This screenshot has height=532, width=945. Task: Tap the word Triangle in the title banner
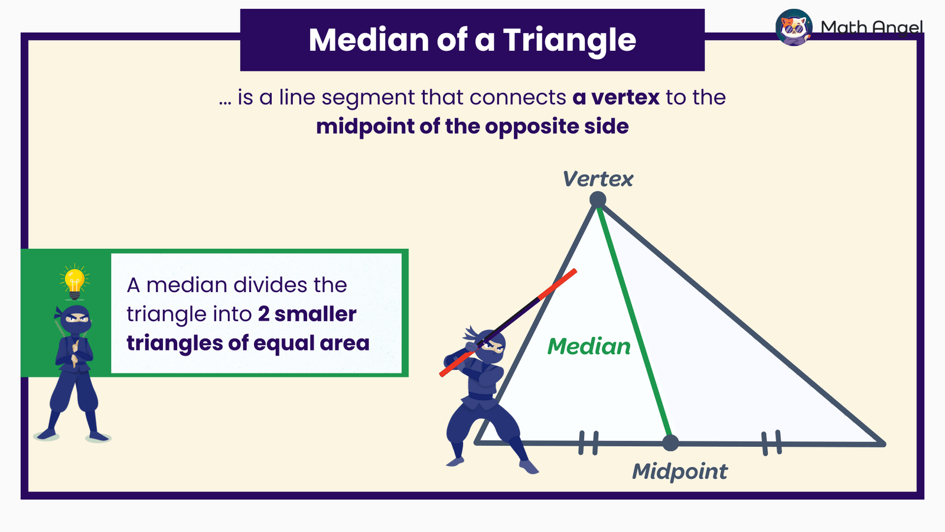pyautogui.click(x=569, y=40)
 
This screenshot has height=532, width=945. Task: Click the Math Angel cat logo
pyautogui.click(x=794, y=27)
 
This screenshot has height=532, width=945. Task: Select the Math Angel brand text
pyautogui.click(x=872, y=27)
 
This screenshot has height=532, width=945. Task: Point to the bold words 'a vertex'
pyautogui.click(x=615, y=98)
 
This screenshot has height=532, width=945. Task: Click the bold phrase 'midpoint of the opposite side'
pyautogui.click(x=472, y=126)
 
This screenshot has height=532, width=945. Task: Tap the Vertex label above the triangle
pyautogui.click(x=597, y=179)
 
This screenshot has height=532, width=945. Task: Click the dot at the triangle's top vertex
pyautogui.click(x=598, y=200)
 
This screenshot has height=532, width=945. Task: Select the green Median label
pyautogui.click(x=589, y=346)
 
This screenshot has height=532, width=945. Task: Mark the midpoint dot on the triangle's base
pyautogui.click(x=670, y=442)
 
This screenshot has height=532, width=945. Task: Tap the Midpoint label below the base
pyautogui.click(x=680, y=472)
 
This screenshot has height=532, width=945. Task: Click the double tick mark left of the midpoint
pyautogui.click(x=588, y=443)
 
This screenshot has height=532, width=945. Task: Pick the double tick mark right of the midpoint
pyautogui.click(x=771, y=443)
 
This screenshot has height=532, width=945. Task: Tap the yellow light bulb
pyautogui.click(x=74, y=281)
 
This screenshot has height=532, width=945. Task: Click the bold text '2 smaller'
pyautogui.click(x=307, y=314)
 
